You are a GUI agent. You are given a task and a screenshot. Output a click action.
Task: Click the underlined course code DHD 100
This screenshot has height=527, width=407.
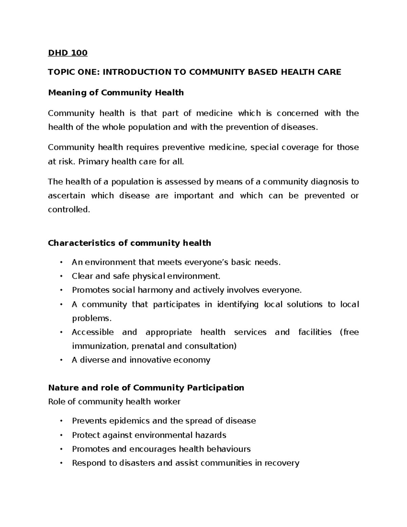point(67,53)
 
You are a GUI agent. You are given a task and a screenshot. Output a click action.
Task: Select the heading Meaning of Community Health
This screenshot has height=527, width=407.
point(116,92)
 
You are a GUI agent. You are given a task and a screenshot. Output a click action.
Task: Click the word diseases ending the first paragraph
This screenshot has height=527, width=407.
point(300,127)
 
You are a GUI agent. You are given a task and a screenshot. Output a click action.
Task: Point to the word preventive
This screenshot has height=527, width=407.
point(183,147)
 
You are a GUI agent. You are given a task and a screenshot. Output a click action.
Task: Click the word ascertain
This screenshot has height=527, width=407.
point(66,196)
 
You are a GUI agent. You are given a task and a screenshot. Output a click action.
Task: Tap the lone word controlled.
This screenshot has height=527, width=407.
point(69,210)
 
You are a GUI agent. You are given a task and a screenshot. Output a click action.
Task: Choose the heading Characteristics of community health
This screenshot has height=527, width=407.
point(130,243)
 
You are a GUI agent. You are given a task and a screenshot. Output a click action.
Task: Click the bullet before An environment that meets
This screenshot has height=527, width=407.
point(61,262)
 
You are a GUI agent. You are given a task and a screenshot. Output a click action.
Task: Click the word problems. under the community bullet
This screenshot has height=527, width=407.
point(92,318)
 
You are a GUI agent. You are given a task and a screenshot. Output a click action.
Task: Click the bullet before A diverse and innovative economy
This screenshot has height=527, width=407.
point(61,360)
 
